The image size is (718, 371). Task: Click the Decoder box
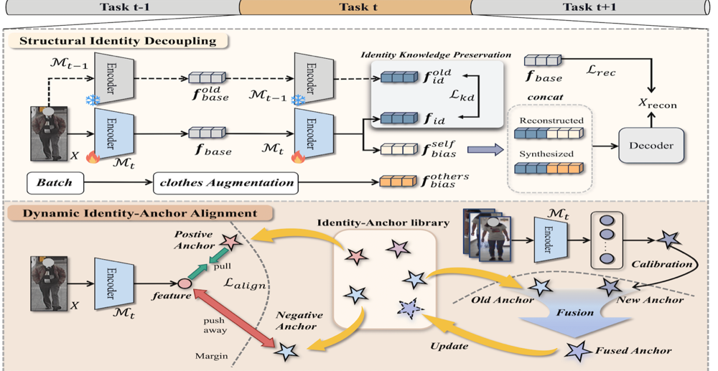(651, 146)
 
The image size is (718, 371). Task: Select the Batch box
(55, 183)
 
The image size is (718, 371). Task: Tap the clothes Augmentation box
(226, 183)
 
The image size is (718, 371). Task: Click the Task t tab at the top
(358, 7)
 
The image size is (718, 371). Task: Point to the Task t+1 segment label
(589, 7)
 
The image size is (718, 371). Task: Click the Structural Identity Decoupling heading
(118, 41)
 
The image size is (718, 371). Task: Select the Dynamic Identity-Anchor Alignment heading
(140, 213)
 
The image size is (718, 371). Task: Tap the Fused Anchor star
(578, 351)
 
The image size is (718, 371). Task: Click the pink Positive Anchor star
(231, 242)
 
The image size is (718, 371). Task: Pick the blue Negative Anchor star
(286, 352)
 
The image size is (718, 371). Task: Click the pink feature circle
(185, 283)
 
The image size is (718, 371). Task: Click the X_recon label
(657, 103)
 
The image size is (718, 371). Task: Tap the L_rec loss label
(601, 71)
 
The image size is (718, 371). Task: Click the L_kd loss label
(461, 96)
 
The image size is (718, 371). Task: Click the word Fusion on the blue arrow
(574, 313)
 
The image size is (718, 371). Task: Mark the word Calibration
(662, 264)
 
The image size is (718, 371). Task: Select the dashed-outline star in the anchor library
(409, 309)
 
